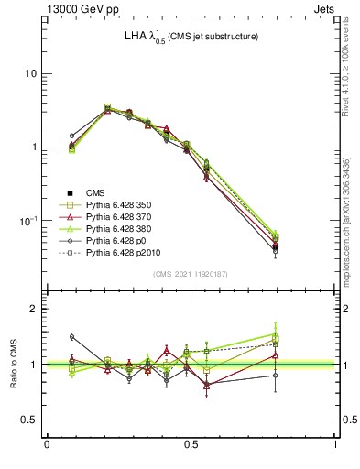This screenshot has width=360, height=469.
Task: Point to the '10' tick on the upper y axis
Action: coord(30,73)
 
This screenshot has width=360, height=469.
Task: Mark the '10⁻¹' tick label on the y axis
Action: coord(27,221)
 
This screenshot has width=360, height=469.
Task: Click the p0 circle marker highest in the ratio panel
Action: coord(72,336)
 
